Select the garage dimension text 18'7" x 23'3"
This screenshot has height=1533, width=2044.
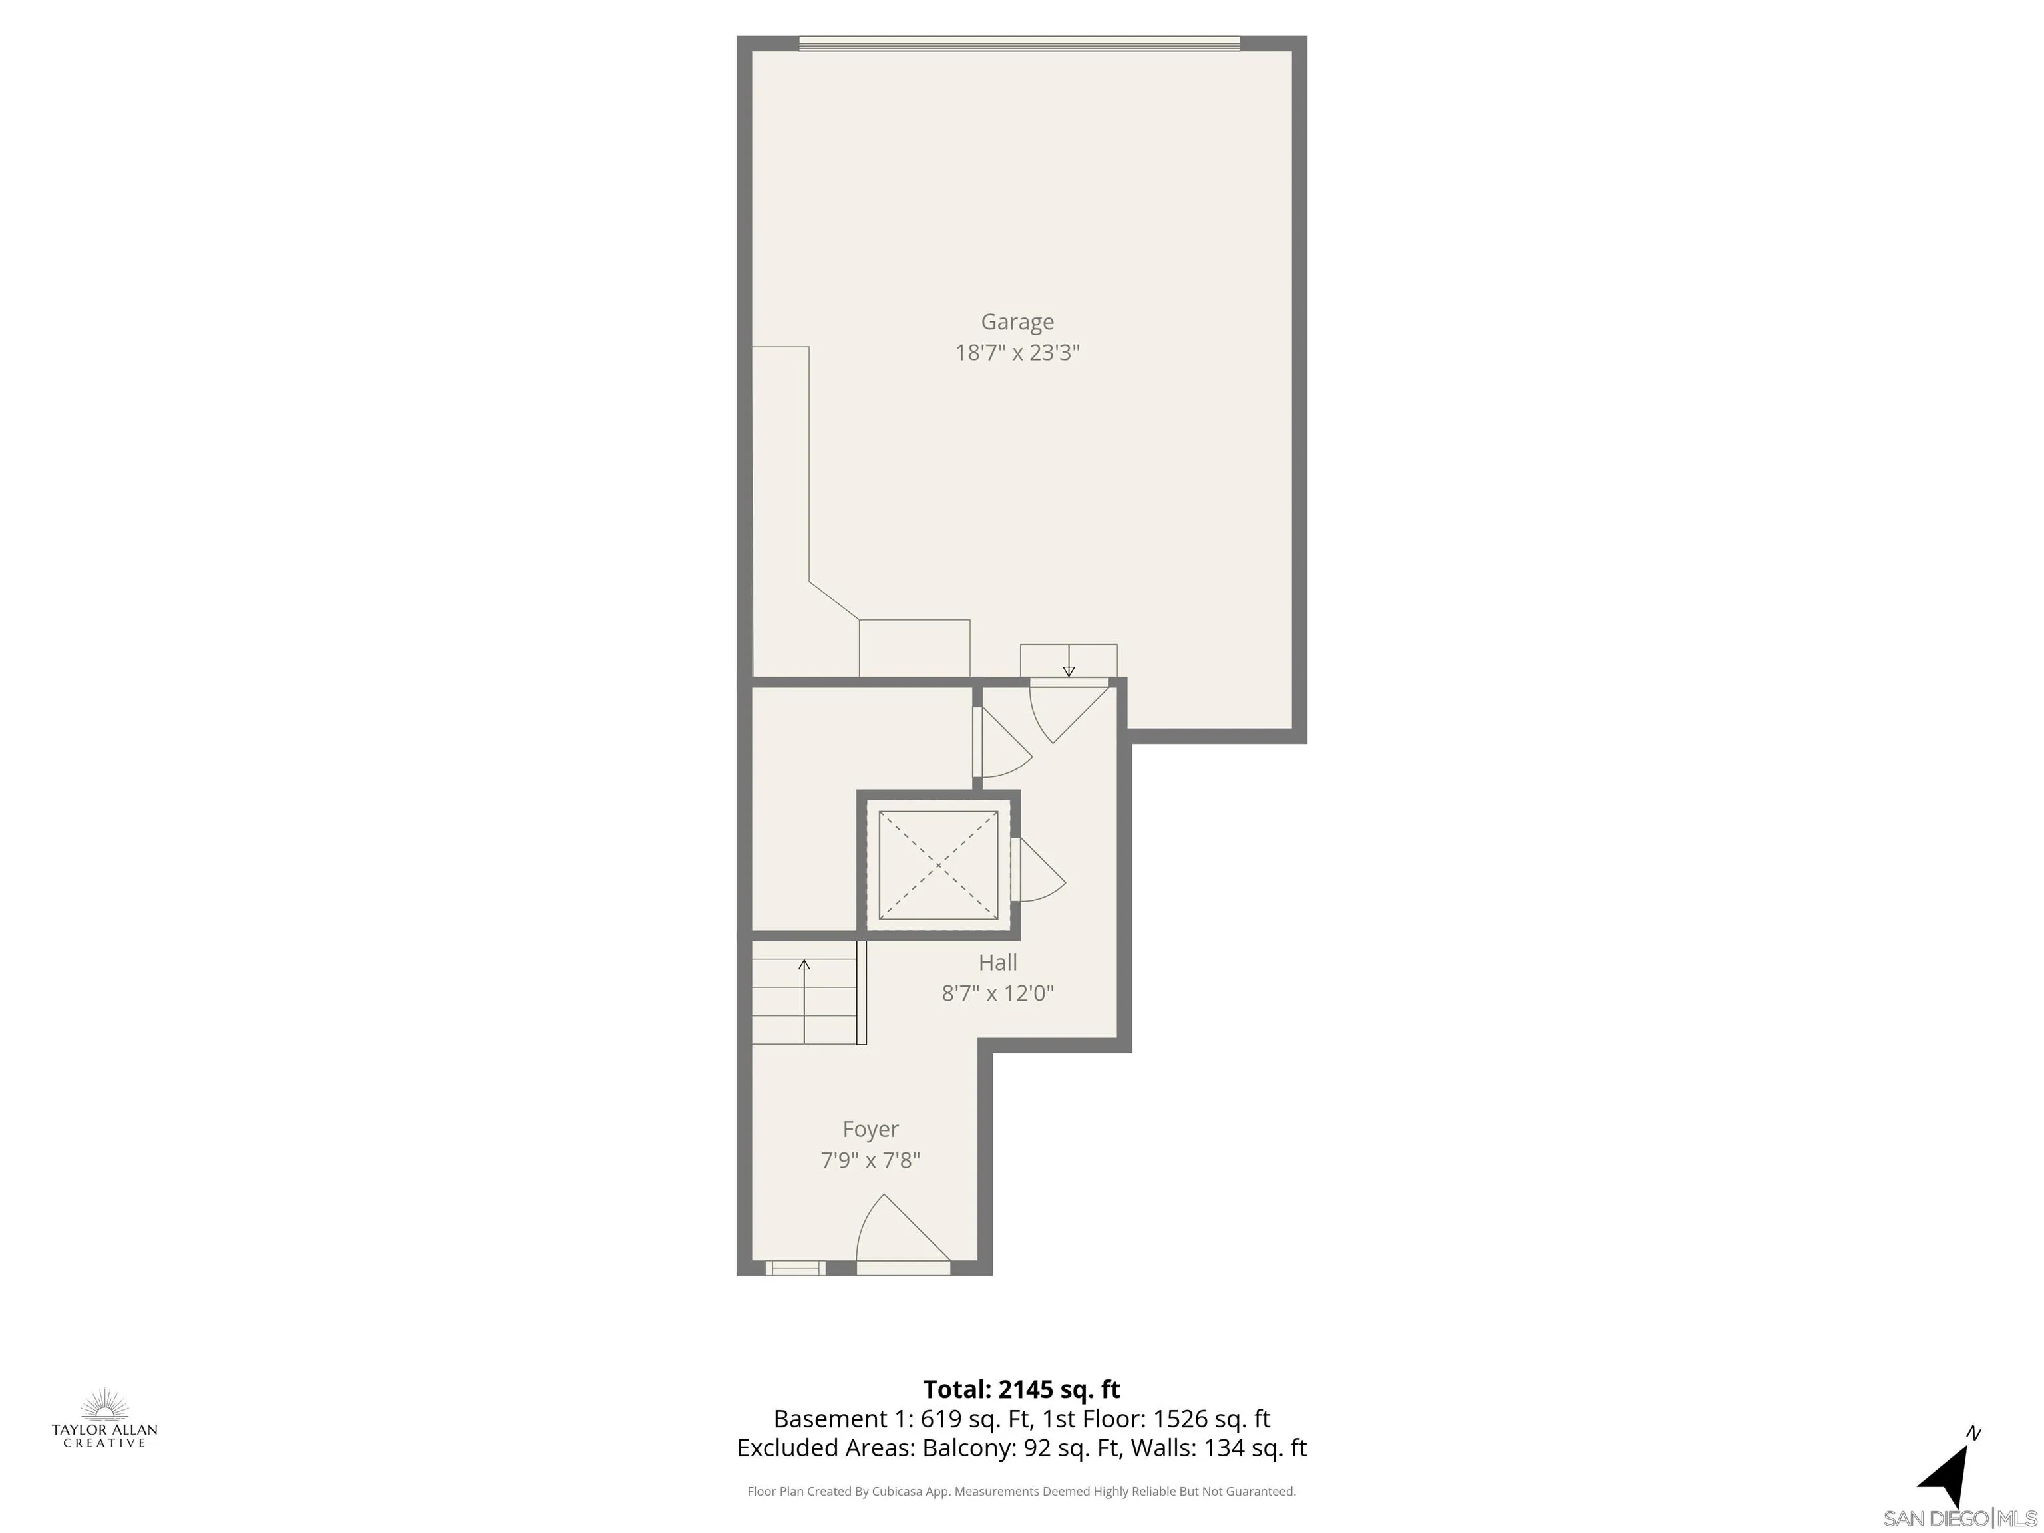[1017, 353]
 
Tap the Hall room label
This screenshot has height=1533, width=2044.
[997, 963]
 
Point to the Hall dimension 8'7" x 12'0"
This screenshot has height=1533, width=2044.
[997, 993]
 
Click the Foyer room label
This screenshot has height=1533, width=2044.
[870, 1129]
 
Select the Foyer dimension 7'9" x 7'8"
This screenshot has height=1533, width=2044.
[870, 1160]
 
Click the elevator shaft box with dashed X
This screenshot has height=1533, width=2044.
[938, 865]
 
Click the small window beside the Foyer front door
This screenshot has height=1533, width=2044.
[796, 1268]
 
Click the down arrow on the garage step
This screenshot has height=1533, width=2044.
[1068, 661]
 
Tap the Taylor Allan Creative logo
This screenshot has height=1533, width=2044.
[104, 1419]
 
